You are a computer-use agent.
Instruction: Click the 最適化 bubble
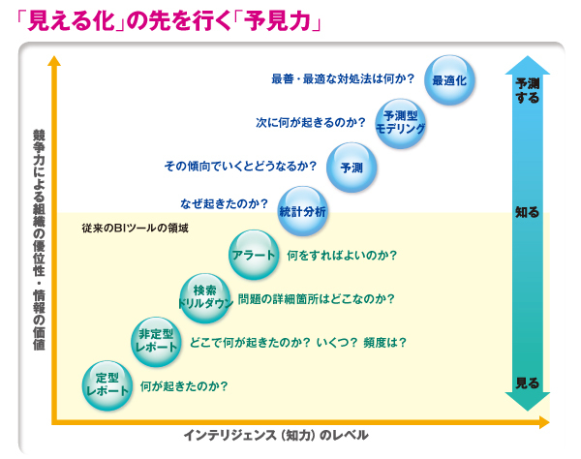[x=449, y=80]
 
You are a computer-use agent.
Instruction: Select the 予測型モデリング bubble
[x=401, y=123]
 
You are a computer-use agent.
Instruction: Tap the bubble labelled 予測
[x=352, y=168]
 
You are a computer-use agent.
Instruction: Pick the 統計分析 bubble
[x=303, y=211]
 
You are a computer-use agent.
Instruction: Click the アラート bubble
[x=254, y=255]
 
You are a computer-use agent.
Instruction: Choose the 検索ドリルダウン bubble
[x=205, y=298]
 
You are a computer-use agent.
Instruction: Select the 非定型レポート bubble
[x=156, y=342]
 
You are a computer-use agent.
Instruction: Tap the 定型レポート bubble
[x=107, y=385]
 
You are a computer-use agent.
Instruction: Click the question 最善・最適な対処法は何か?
[x=343, y=78]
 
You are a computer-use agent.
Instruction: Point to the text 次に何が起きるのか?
[x=311, y=123]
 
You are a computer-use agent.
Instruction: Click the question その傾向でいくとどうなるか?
[x=240, y=166]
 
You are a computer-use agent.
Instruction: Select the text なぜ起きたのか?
[x=224, y=203]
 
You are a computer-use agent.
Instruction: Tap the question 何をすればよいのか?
[x=342, y=256]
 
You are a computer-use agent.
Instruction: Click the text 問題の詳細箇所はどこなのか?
[x=316, y=299]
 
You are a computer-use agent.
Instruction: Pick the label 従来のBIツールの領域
[x=135, y=228]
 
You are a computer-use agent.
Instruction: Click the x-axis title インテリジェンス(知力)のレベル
[x=276, y=435]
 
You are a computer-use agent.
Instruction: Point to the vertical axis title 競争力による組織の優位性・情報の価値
[x=39, y=240]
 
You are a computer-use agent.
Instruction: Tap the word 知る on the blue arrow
[x=528, y=212]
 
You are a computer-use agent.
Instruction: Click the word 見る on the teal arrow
[x=528, y=382]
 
